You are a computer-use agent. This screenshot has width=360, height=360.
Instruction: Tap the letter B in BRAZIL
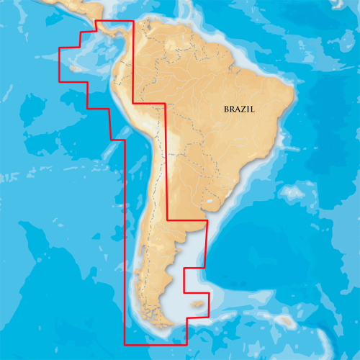pyautogui.click(x=225, y=109)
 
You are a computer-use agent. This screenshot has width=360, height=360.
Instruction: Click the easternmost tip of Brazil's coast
pyautogui.click(x=295, y=94)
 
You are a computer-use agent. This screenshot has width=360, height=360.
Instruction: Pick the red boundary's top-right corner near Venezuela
pyautogui.click(x=133, y=21)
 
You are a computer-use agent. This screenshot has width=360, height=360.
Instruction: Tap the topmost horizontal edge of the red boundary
pyautogui.click(x=114, y=21)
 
